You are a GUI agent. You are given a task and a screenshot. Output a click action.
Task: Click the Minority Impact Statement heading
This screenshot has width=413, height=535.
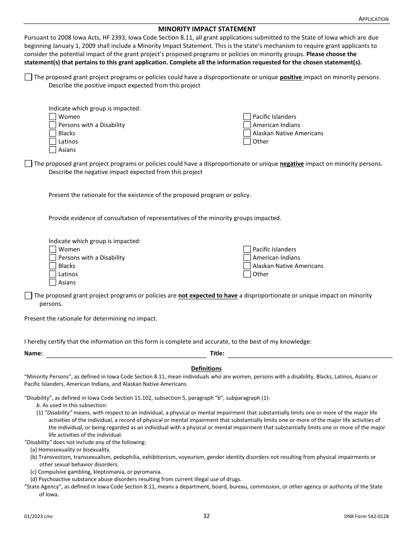(206, 29)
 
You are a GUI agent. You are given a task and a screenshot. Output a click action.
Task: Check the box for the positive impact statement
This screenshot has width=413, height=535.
(28, 77)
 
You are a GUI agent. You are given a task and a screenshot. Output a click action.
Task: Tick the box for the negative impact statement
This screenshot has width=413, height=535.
(28, 164)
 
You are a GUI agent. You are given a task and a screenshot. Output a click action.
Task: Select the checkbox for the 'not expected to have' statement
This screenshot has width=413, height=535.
(28, 296)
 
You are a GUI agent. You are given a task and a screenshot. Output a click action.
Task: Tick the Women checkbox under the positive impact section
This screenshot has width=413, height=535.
(53, 117)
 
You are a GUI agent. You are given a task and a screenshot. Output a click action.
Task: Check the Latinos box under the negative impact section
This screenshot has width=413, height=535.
(53, 274)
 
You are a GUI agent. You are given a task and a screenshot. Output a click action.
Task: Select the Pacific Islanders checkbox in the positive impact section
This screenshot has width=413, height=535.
(247, 117)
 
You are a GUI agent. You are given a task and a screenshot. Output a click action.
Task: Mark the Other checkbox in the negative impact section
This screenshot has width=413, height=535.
(247, 274)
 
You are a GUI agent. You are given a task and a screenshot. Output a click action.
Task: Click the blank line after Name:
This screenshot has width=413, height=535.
(126, 354)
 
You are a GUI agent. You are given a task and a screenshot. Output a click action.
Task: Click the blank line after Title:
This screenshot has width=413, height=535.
(310, 354)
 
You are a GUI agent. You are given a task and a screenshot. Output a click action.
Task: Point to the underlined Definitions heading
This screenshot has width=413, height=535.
(206, 368)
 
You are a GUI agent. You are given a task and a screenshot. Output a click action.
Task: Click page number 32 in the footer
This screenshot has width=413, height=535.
(206, 516)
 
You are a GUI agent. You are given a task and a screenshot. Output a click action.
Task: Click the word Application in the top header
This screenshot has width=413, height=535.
(373, 19)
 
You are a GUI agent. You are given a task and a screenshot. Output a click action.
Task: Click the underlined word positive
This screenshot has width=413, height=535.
(291, 77)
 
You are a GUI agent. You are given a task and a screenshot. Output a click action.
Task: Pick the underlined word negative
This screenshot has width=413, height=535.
(291, 164)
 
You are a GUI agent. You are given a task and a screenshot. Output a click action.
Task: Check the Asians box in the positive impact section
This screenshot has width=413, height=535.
(53, 150)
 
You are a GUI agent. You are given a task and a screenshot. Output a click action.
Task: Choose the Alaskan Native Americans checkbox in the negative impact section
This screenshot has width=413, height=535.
(247, 266)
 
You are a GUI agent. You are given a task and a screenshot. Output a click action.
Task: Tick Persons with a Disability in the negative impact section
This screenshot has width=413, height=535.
(53, 258)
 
